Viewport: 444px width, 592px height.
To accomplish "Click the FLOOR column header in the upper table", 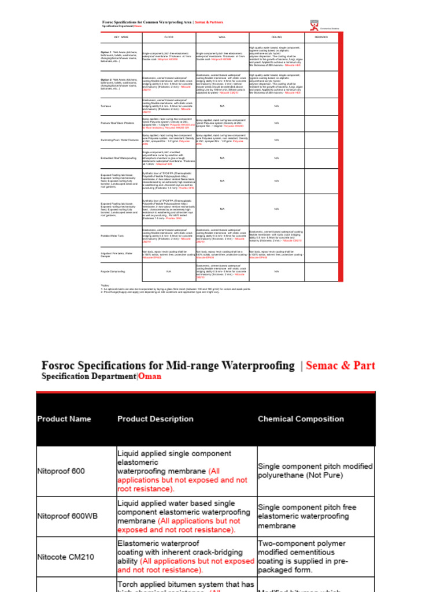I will click(169, 36).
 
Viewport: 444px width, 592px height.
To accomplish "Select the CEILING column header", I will click(276, 36).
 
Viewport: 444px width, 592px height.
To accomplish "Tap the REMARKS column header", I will click(321, 36).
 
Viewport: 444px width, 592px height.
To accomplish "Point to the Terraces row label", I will click(106, 106).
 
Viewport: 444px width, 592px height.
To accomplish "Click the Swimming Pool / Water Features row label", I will click(119, 140).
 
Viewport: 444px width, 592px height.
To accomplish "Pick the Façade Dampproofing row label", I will click(113, 271).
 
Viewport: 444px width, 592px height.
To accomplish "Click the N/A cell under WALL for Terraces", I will click(222, 106).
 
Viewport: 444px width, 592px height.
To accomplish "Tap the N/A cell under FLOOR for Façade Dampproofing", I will click(169, 271).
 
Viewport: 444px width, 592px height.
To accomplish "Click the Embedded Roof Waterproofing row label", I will click(119, 158).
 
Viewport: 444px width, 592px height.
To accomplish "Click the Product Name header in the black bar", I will click(64, 419).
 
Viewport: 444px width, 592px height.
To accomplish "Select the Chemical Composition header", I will click(301, 419).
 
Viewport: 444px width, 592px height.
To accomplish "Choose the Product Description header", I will click(156, 419).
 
